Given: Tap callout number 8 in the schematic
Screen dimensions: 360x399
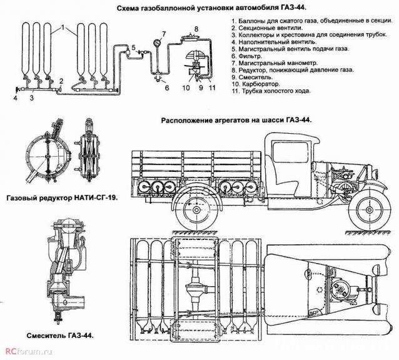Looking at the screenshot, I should pyautogui.click(x=195, y=29).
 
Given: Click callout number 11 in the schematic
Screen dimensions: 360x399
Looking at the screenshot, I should pyautogui.click(x=213, y=89).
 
